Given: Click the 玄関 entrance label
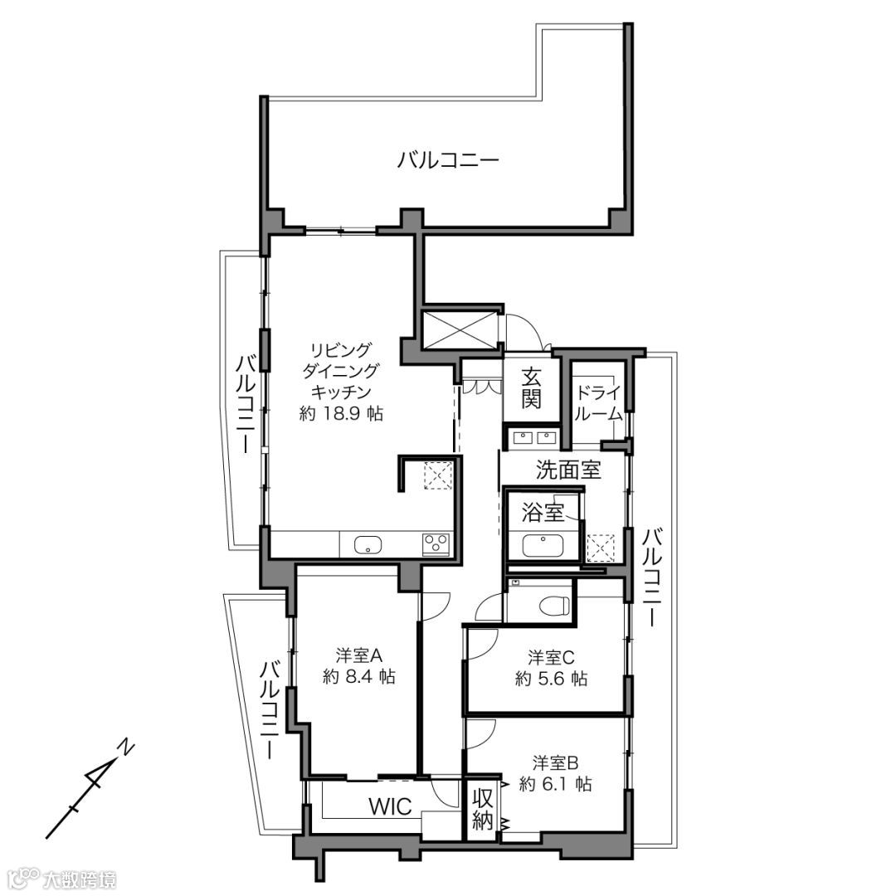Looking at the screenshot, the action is pos(531,387).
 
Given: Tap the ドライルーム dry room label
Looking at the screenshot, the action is pos(597,403).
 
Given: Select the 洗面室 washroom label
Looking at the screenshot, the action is pos(568,470).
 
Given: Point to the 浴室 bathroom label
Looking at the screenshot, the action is pos(543,512).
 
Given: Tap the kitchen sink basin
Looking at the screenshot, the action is pos(367,545).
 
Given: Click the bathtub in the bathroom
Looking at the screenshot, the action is pos(543,545).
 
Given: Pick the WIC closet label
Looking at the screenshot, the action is pos(390,807).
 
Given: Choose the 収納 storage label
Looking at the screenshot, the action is pos(482,809).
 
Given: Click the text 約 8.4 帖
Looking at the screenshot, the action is pos(359,677).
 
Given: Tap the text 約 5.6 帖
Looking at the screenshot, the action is pos(551,679).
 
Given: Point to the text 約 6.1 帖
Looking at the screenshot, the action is pos(555,784).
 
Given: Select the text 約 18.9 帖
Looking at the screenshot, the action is pos(341,413).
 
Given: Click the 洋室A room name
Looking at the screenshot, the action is pos(359,655).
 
